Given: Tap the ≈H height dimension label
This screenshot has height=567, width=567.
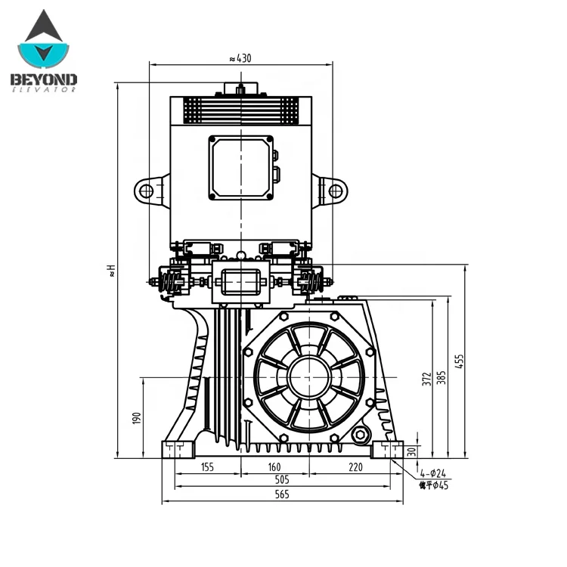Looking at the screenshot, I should pos(110,270).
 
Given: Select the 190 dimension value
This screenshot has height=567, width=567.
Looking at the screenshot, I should pos(137,417).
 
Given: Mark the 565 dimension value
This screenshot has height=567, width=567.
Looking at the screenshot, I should pos(281,494).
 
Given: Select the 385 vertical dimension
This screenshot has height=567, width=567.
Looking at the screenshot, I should pos(442,377).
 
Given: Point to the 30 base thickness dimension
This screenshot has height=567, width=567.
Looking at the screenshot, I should pos(411,451).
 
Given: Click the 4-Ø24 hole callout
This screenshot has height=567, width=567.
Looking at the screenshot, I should pos(433,472).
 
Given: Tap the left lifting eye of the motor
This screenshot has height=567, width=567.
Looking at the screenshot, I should pos(147,191).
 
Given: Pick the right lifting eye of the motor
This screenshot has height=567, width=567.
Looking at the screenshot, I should pos(335,191).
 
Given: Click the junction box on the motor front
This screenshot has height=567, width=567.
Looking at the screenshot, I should pos(241,168).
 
